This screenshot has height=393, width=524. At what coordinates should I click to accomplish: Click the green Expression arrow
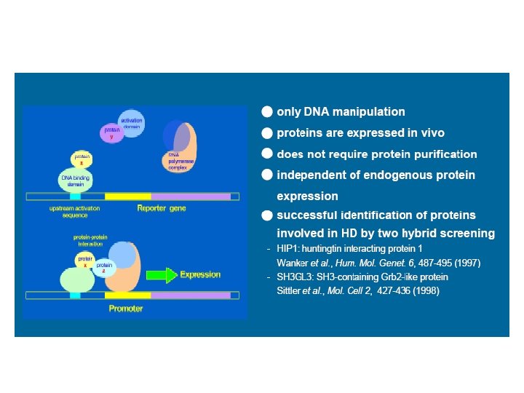(x=162, y=275)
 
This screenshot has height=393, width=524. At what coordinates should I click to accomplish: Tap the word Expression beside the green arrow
(x=200, y=275)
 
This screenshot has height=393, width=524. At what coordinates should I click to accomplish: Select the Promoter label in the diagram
(x=125, y=309)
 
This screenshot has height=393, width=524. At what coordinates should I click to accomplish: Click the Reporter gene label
(x=162, y=209)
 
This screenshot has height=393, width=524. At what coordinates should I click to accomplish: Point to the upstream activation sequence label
(x=74, y=212)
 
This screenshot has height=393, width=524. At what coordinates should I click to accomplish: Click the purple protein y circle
(x=111, y=134)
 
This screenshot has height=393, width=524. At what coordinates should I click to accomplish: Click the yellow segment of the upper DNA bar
(x=127, y=196)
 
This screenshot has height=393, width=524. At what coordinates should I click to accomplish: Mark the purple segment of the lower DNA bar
(x=191, y=295)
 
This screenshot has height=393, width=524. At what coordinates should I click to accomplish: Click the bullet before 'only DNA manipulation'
(x=268, y=112)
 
